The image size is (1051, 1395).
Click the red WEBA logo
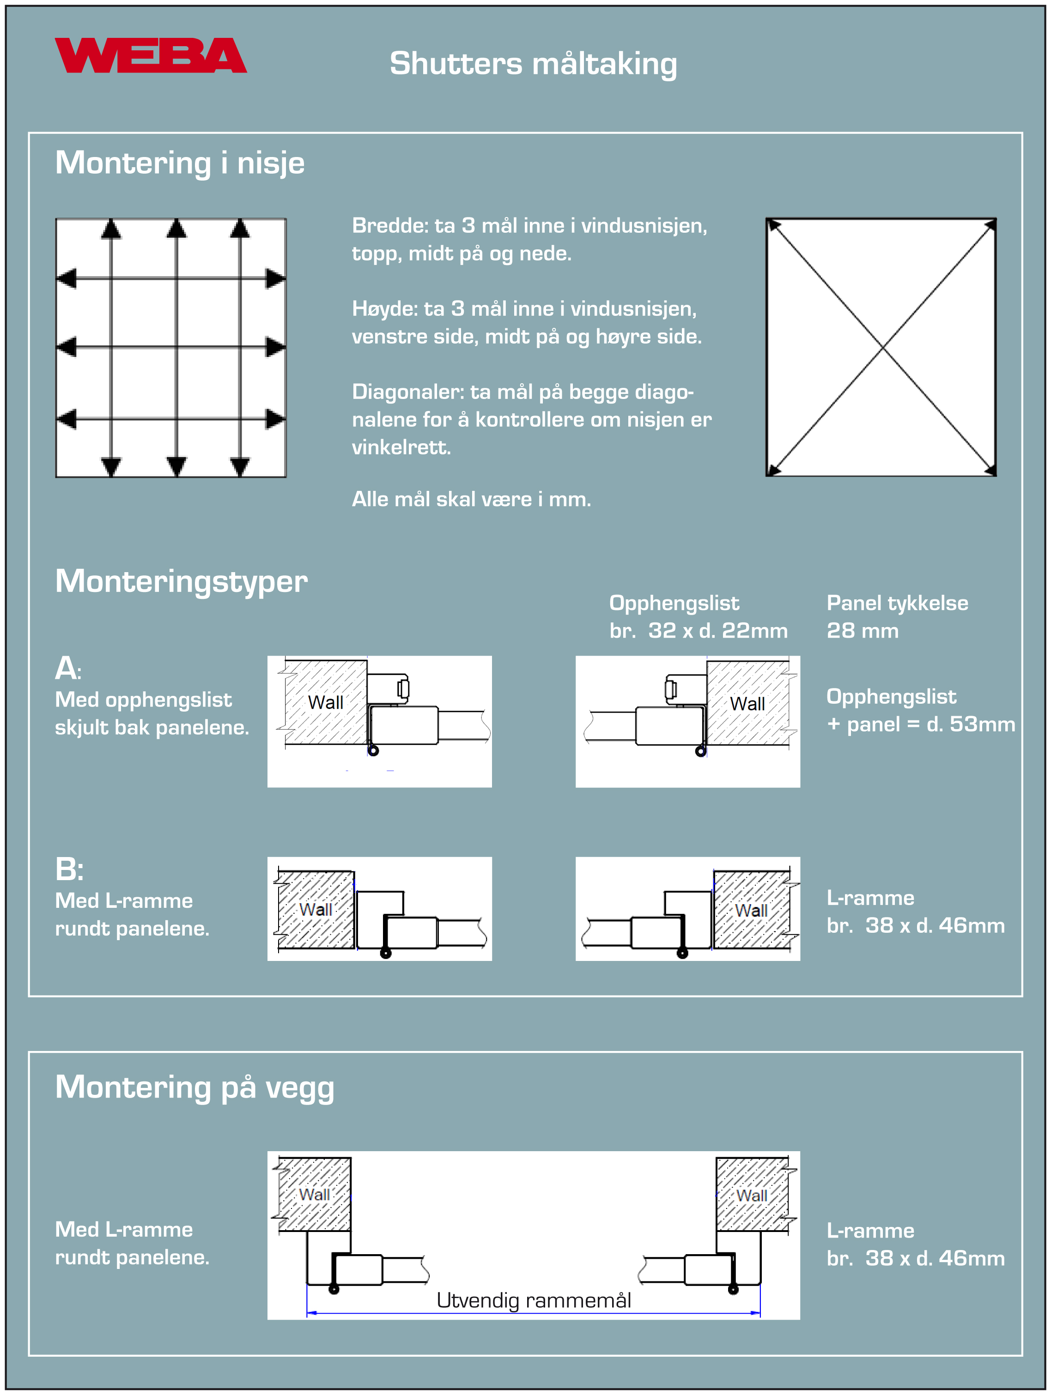[150, 55]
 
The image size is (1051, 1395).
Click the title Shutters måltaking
[533, 64]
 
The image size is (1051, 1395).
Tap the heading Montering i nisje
[180, 163]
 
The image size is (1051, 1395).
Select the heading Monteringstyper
[181, 581]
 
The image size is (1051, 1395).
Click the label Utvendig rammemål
[534, 1300]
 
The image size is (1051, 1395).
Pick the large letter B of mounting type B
[67, 869]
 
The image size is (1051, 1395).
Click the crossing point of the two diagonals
[882, 347]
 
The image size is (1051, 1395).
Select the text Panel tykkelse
[897, 603]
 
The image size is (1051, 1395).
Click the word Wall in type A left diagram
[326, 702]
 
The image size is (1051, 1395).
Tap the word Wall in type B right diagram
[751, 910]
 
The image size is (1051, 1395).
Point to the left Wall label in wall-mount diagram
[314, 1195]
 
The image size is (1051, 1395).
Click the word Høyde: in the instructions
[385, 308]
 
